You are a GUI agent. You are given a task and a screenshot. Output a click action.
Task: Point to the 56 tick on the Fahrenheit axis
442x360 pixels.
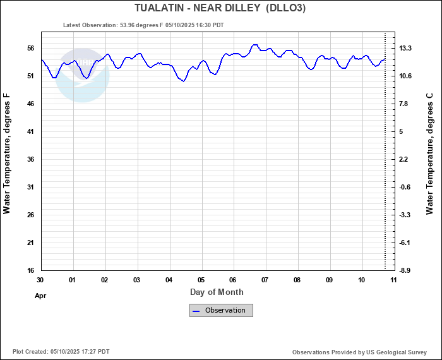[x=30, y=48]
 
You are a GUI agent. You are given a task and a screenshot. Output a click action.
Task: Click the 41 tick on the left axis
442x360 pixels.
[x=30, y=131]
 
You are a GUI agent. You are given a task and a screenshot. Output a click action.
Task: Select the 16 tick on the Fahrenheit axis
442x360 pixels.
[x=30, y=270]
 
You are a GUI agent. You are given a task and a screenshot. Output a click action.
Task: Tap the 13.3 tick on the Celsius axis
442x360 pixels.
[x=405, y=48]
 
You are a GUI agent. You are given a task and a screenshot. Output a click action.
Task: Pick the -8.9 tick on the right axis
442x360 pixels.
[x=405, y=270]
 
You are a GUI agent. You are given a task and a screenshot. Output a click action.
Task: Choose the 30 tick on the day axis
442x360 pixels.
[x=40, y=279]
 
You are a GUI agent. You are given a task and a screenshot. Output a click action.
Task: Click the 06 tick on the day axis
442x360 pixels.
[x=233, y=279]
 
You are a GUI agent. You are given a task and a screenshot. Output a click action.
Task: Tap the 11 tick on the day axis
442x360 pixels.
[x=393, y=279]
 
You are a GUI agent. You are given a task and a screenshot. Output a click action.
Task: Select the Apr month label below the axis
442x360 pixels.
[x=40, y=295]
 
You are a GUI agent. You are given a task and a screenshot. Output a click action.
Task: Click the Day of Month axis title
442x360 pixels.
[x=217, y=292]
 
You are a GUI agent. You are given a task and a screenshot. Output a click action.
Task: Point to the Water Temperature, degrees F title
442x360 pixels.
[x=7, y=153]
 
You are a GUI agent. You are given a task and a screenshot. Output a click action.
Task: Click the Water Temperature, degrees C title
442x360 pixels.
[x=430, y=153]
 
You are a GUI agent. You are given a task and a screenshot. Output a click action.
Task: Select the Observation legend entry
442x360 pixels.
[x=221, y=310]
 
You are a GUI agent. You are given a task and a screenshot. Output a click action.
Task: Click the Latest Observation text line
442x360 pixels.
[x=143, y=25]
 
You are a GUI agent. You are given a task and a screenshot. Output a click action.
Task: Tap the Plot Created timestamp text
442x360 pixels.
[x=61, y=352]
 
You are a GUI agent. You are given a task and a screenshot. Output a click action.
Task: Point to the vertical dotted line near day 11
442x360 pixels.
[x=385, y=158]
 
